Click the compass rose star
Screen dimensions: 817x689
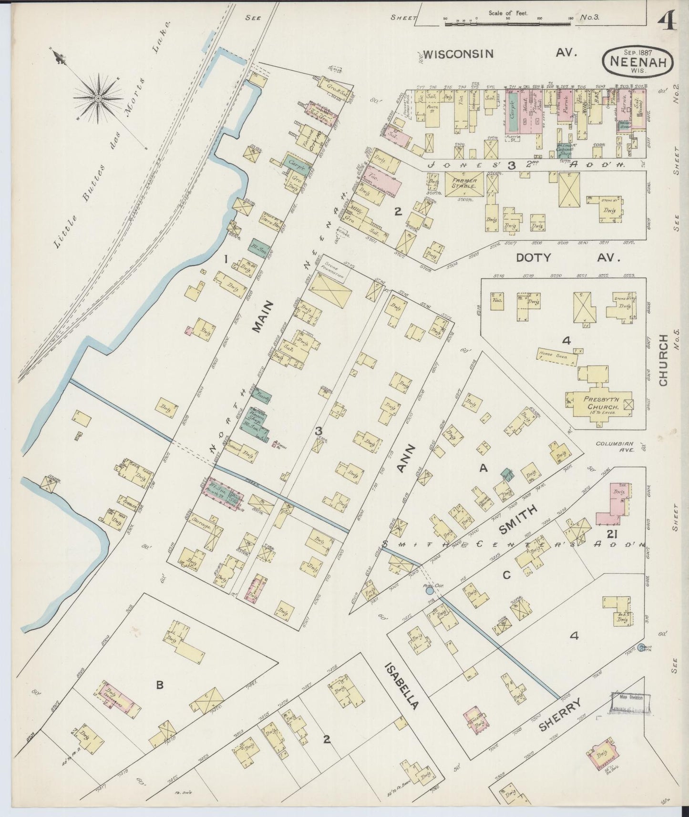(98, 98)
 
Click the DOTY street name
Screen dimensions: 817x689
(534, 258)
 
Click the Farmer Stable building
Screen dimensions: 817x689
(462, 183)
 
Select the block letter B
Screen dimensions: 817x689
(160, 685)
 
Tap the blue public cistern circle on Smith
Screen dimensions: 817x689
(429, 591)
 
